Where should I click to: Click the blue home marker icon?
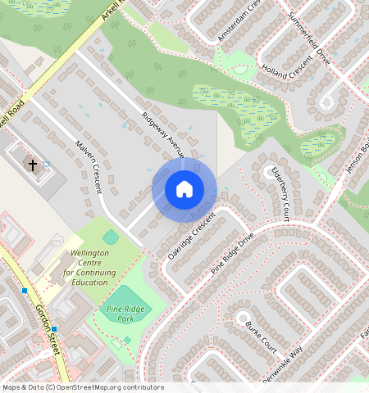tap(184, 189)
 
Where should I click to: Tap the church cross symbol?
tap(33, 165)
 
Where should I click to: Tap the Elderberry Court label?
tap(280, 192)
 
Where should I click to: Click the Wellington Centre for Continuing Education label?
tap(89, 268)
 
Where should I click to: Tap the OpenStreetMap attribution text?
tap(82, 387)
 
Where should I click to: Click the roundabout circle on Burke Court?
tap(242, 317)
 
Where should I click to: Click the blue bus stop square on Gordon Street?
tap(25, 291)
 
